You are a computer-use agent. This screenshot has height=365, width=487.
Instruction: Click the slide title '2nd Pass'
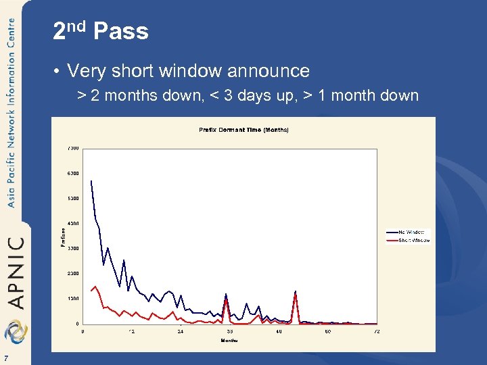(100, 31)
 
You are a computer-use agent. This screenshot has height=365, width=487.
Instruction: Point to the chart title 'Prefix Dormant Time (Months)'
(243, 129)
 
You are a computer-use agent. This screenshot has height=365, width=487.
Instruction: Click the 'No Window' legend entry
(411, 232)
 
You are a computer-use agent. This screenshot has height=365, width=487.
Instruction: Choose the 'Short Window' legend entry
(413, 240)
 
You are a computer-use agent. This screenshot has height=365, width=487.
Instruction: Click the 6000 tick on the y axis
(72, 173)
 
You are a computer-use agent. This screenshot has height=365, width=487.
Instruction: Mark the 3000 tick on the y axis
(72, 248)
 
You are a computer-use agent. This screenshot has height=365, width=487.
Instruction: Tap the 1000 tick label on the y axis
(72, 298)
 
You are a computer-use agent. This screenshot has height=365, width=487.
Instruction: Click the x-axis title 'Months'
(229, 341)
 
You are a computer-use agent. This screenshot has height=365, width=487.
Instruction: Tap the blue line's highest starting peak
(91, 180)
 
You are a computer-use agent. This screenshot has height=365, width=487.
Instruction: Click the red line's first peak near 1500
(95, 287)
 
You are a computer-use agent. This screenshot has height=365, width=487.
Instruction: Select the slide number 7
(5, 358)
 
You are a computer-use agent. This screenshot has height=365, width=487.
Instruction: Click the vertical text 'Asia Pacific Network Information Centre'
(11, 112)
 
